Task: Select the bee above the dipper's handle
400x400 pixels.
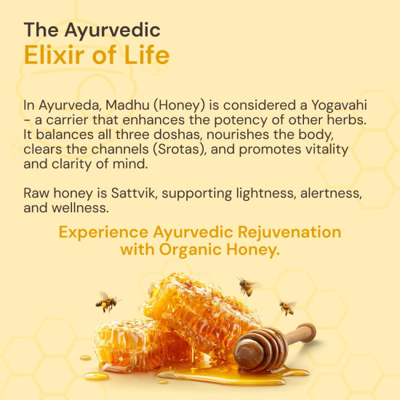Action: pos(288,307)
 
